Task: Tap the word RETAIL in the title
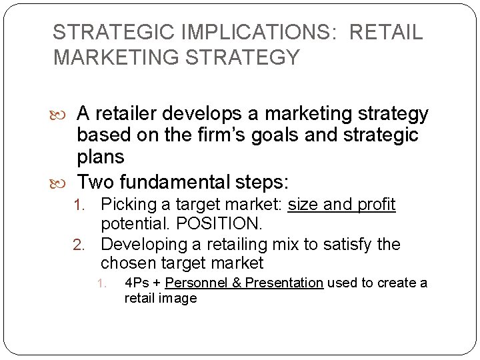[387, 33]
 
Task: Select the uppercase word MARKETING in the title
[117, 57]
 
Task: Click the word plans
[101, 157]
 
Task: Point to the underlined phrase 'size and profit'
[341, 205]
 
